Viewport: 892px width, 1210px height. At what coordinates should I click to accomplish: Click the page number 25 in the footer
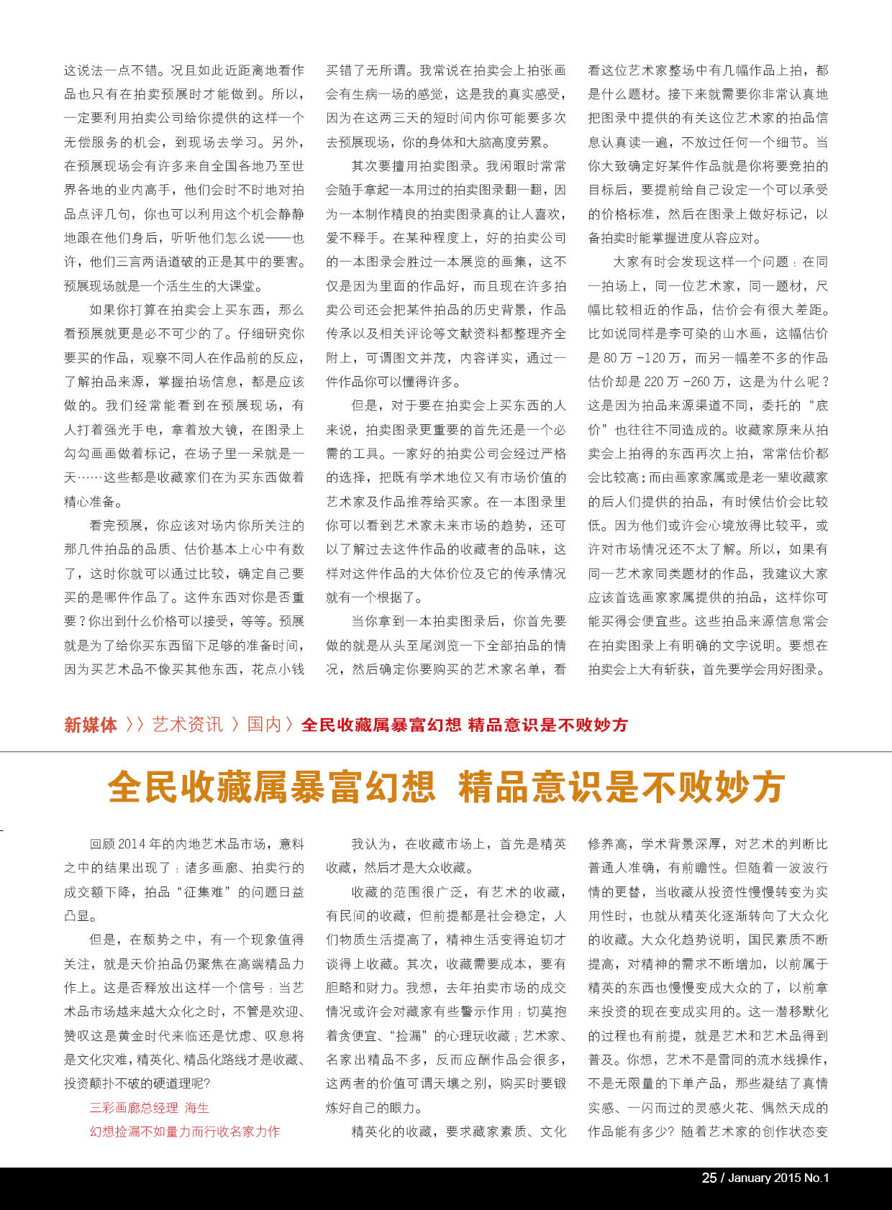tap(709, 1178)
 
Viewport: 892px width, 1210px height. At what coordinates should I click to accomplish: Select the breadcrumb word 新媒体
tap(91, 725)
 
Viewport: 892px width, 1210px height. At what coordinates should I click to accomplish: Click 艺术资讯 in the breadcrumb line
tap(187, 725)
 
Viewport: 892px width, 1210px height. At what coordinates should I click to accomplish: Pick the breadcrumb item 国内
tap(264, 725)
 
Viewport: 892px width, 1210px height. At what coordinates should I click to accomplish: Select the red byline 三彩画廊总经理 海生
tap(149, 1108)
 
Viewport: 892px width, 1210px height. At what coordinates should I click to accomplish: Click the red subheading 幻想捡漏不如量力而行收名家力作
tap(185, 1132)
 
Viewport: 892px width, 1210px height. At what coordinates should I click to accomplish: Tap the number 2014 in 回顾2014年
tap(132, 844)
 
